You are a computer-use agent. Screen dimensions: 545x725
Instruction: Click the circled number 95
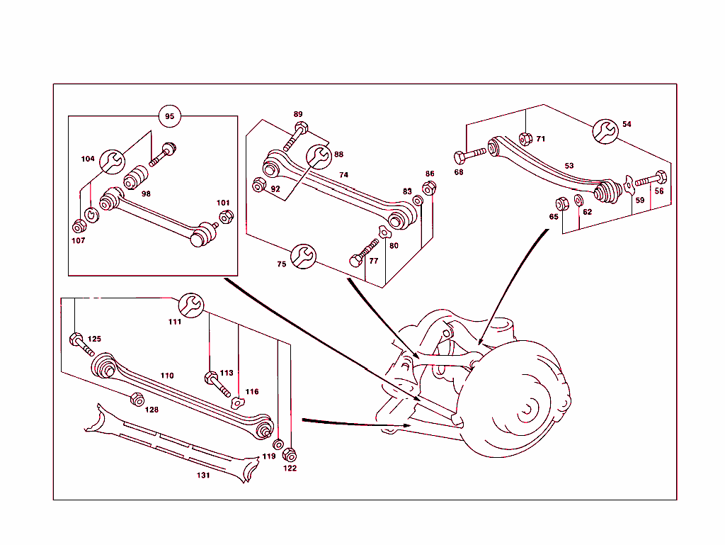[169, 116]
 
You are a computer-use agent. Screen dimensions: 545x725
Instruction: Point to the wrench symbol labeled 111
[191, 304]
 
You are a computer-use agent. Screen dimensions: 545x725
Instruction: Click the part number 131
[203, 476]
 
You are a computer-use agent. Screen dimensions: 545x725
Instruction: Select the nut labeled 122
[289, 454]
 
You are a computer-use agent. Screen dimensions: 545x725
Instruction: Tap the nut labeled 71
[525, 138]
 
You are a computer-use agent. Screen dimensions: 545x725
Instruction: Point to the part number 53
[569, 166]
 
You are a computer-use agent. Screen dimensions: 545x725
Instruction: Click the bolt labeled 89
[295, 136]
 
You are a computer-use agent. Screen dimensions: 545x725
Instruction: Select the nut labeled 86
[428, 188]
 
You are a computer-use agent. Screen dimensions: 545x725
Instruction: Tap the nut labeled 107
[79, 226]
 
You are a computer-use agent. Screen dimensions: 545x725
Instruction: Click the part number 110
[167, 376]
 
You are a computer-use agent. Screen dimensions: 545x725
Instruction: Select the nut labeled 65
[561, 204]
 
